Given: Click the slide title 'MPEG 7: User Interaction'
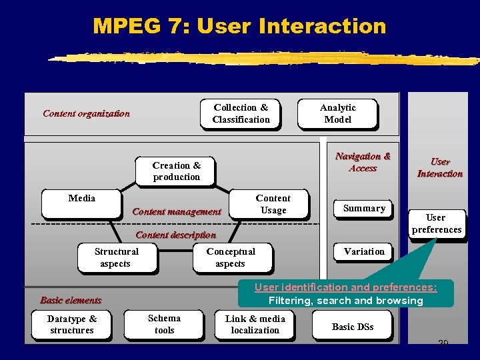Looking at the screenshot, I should click(239, 26).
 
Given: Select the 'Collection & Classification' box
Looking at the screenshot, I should click(241, 114).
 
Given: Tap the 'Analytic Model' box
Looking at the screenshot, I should click(337, 114).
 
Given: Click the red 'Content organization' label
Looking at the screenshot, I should click(86, 113).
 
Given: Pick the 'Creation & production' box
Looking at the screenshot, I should click(176, 171).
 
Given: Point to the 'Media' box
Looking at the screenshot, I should click(81, 204).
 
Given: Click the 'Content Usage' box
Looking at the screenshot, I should click(273, 204).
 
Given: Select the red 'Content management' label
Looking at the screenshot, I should click(177, 212).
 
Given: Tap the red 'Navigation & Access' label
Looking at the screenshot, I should click(363, 162).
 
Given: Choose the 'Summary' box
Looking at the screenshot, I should click(364, 209).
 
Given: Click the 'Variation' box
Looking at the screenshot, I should click(364, 252).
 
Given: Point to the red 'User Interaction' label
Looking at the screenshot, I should click(439, 167).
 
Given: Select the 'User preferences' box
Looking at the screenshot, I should click(437, 224).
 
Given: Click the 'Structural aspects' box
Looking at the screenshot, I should click(117, 258).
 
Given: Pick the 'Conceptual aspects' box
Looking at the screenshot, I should click(231, 258).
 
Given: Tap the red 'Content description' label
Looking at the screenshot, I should click(175, 235).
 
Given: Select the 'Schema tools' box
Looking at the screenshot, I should click(164, 325).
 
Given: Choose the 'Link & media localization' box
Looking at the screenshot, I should click(255, 325).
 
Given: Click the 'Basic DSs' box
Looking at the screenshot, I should click(353, 327).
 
